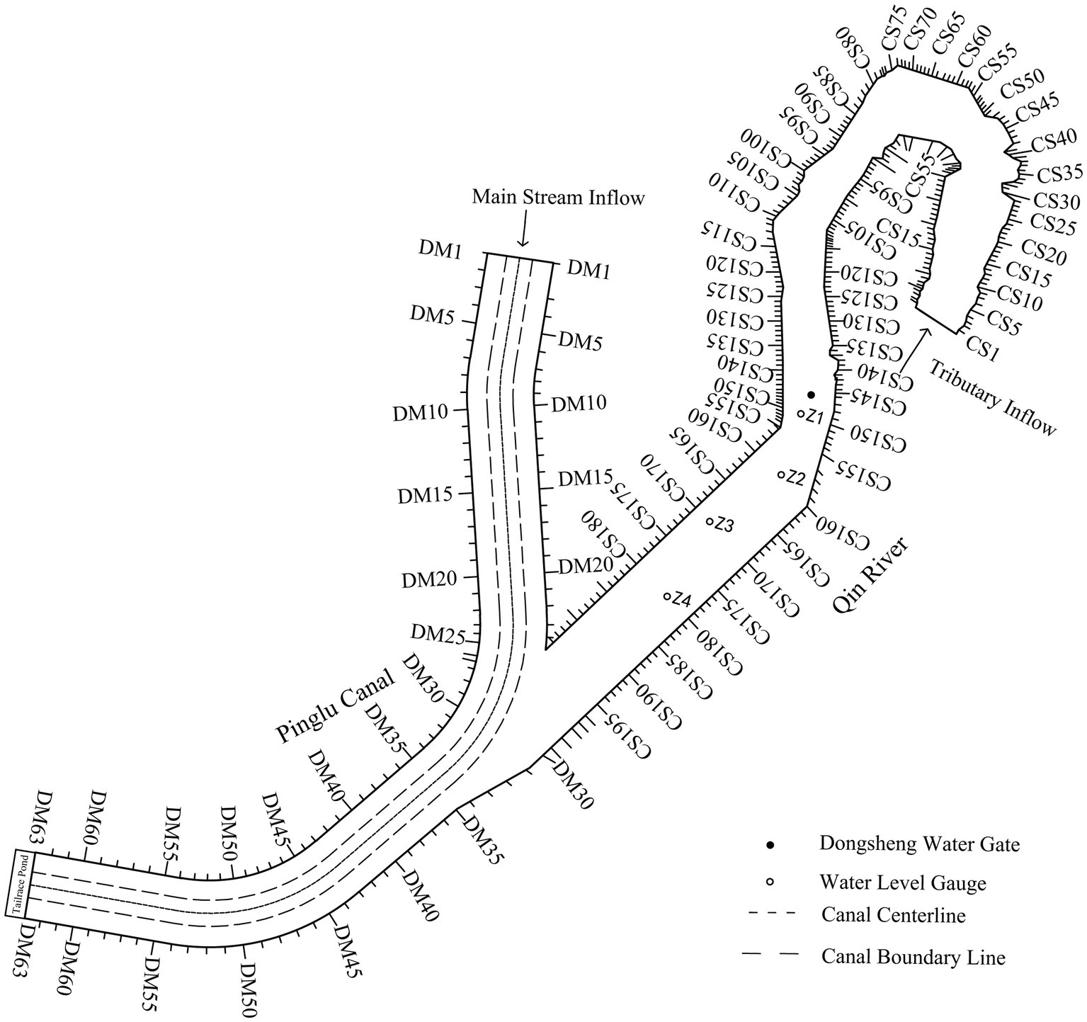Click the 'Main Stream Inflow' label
click(x=559, y=197)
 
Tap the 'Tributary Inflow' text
click(x=992, y=397)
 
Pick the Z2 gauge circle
click(x=780, y=475)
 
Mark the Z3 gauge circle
click(x=709, y=522)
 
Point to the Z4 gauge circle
click(x=666, y=596)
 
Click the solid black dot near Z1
click(x=812, y=394)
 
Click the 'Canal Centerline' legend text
click(x=894, y=915)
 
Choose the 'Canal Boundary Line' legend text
click(x=913, y=958)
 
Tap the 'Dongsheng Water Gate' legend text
click(x=919, y=844)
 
